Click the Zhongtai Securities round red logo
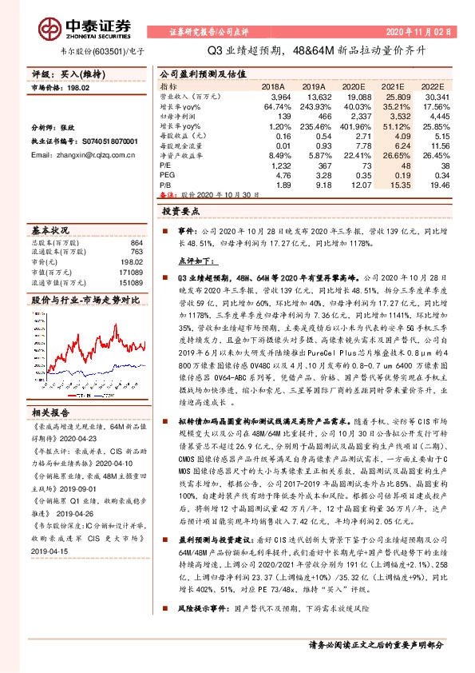[x=53, y=30]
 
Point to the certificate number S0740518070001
[x=104, y=118]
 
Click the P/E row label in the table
[x=165, y=165]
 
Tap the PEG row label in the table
[x=167, y=174]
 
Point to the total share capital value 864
[x=137, y=243]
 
